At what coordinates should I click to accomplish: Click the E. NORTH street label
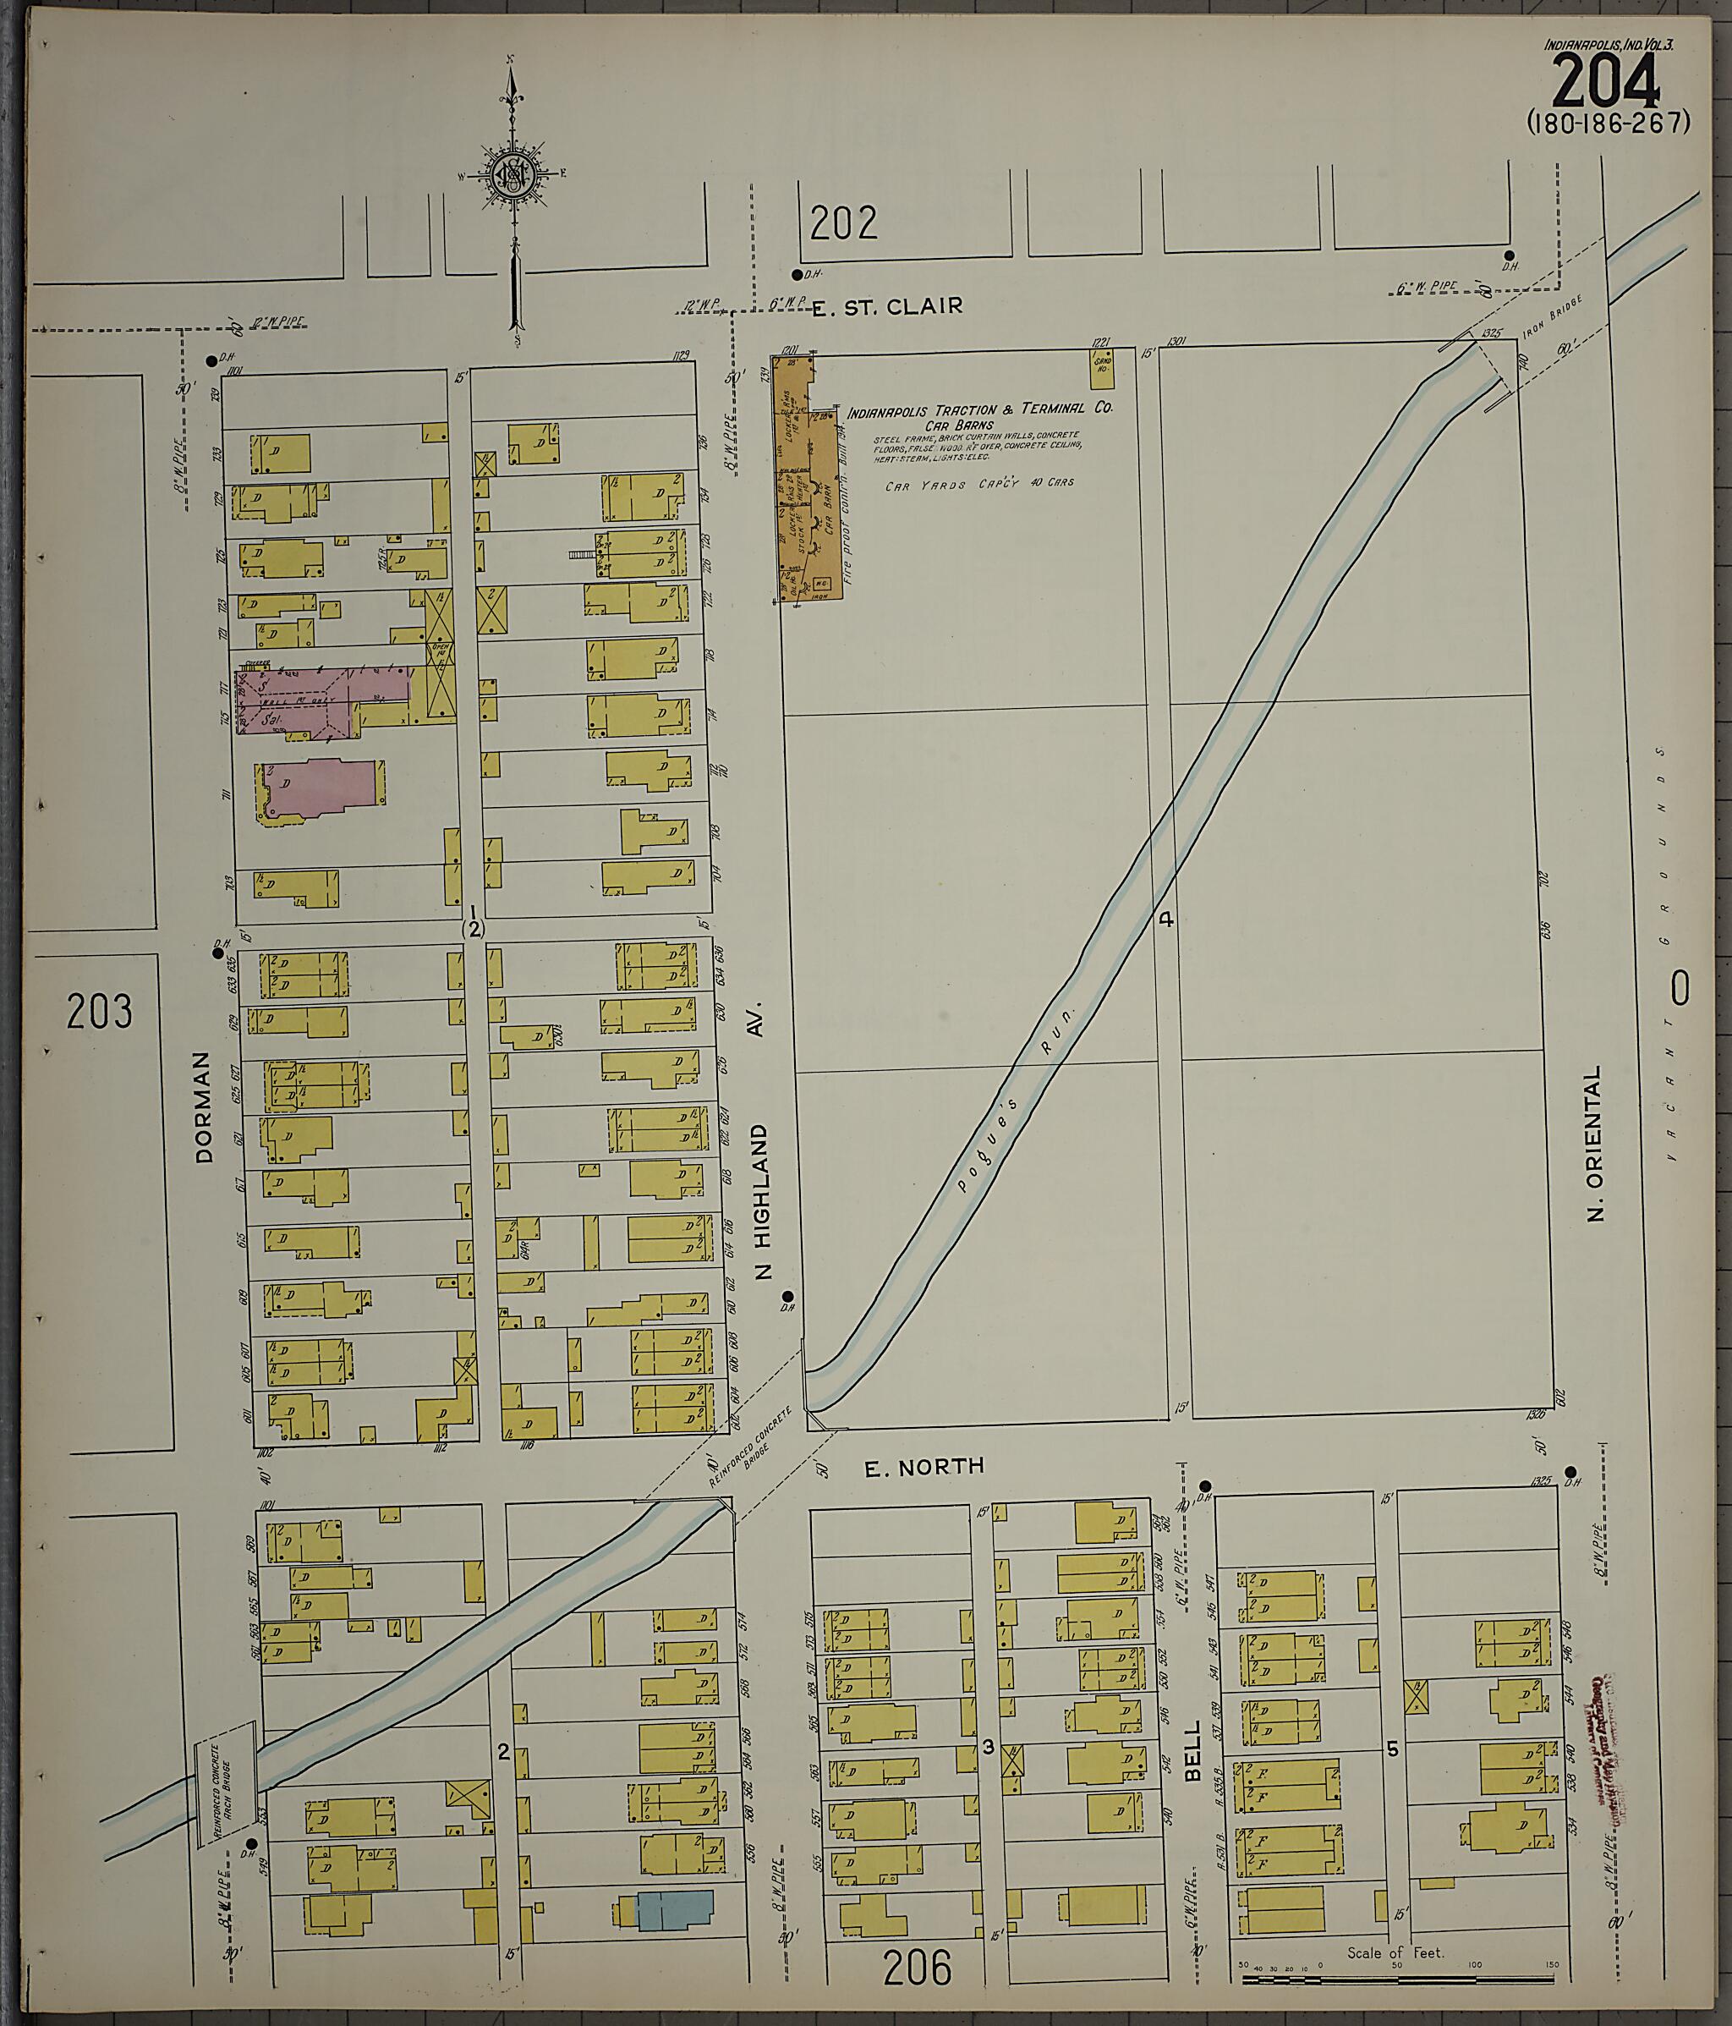(924, 1494)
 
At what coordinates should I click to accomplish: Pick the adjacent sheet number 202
(842, 223)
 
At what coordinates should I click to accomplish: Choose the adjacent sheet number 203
(100, 1011)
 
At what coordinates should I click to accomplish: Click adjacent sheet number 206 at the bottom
(917, 1968)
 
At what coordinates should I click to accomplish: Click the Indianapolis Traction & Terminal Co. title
(978, 410)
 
